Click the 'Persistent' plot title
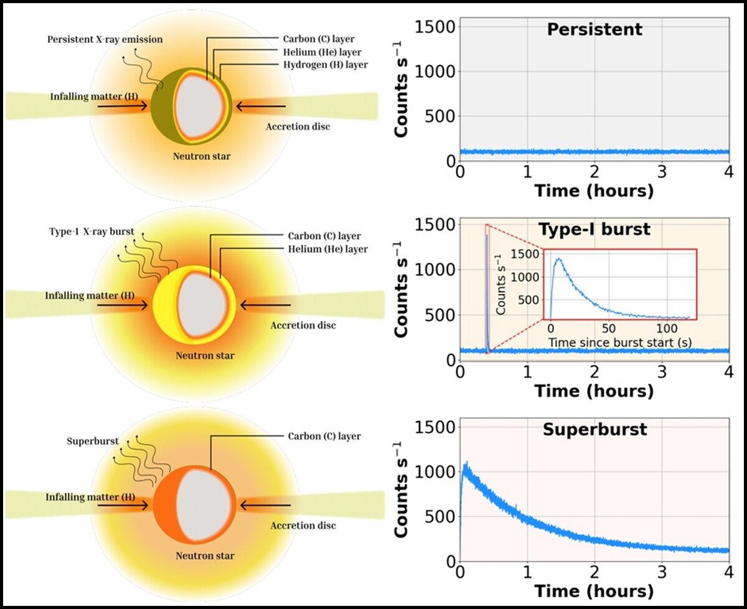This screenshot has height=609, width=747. point(594,30)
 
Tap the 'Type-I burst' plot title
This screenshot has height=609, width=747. point(594,229)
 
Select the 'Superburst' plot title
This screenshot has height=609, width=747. point(594,430)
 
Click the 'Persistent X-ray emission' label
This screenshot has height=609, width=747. point(105,40)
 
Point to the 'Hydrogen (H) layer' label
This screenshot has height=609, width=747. point(328,64)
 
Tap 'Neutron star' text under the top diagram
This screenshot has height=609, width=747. point(202,156)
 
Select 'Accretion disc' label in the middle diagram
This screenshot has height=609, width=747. point(303,326)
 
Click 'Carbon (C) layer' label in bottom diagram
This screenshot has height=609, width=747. point(324,437)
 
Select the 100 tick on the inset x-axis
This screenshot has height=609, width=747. point(667,328)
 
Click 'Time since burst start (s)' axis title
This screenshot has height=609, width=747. point(620,342)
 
